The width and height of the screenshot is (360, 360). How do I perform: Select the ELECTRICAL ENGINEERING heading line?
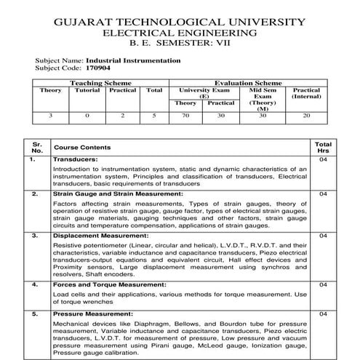coord(180,33)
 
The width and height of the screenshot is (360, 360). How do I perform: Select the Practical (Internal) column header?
coord(306,94)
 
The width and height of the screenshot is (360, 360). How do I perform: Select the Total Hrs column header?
coord(324,146)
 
